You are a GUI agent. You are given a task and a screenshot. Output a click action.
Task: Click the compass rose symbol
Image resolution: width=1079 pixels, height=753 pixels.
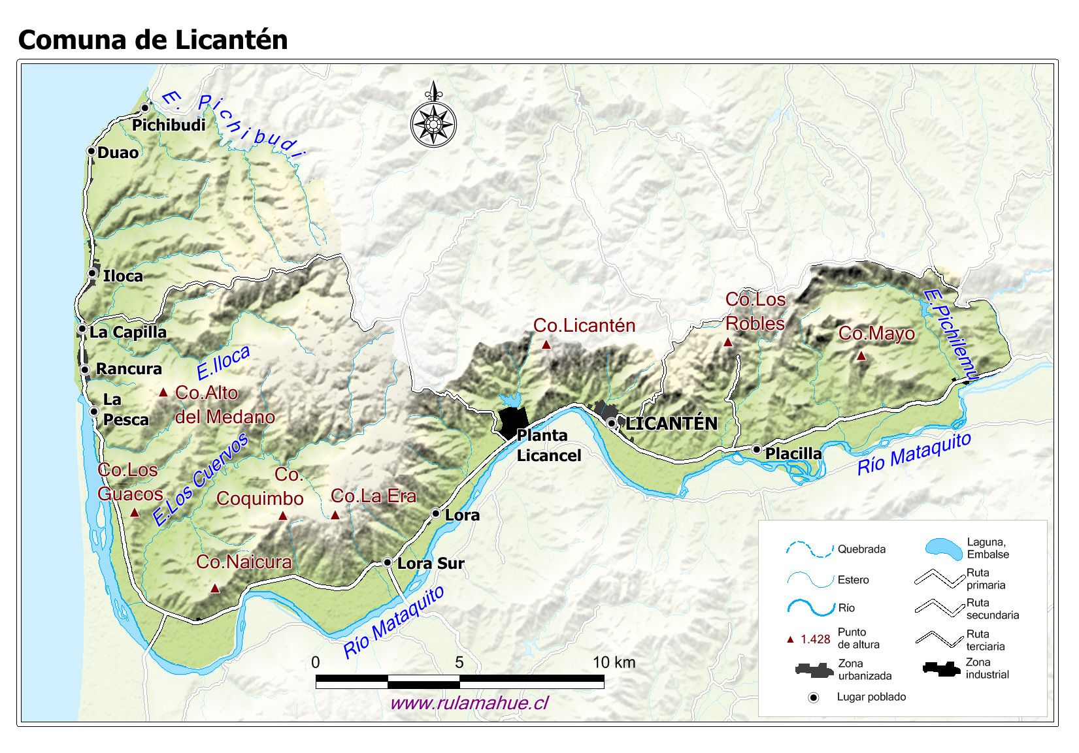click(x=433, y=122)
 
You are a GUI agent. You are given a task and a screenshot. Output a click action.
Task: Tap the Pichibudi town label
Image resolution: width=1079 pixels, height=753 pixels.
click(x=169, y=125)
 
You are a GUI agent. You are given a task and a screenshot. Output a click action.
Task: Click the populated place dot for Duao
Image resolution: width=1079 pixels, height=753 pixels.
click(x=91, y=151)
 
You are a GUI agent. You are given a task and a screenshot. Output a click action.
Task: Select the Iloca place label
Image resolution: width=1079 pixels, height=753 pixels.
click(x=123, y=276)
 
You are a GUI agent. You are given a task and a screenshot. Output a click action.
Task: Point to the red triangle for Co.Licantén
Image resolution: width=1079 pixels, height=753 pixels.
click(x=546, y=344)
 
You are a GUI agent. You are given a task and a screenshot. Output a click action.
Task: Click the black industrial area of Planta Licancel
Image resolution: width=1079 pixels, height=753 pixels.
click(x=512, y=421)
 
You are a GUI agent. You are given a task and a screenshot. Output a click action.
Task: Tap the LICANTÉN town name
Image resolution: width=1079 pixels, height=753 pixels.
click(x=671, y=424)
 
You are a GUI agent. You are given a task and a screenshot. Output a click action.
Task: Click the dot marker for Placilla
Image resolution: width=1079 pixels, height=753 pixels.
click(x=756, y=449)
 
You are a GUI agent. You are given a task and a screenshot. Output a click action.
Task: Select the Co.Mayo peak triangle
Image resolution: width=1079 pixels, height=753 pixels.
click(x=861, y=356)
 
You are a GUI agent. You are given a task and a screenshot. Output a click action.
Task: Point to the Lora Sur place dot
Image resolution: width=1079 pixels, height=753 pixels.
click(x=387, y=562)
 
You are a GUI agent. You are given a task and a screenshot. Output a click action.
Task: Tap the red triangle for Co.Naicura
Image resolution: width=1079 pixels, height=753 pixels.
click(x=214, y=588)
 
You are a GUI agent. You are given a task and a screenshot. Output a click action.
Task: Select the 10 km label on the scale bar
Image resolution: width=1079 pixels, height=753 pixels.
click(x=614, y=662)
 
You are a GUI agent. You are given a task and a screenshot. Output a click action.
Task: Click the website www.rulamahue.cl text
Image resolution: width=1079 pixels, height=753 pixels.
click(x=469, y=703)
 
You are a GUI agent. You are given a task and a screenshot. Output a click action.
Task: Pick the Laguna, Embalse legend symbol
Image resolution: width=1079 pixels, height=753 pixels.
click(x=944, y=548)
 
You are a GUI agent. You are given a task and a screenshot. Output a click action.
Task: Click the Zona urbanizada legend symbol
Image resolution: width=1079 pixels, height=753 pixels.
click(x=814, y=669)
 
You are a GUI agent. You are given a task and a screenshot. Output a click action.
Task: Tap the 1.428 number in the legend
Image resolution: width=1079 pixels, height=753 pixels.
click(x=815, y=639)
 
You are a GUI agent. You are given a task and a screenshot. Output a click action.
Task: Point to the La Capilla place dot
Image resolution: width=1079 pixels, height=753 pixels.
click(x=82, y=329)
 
